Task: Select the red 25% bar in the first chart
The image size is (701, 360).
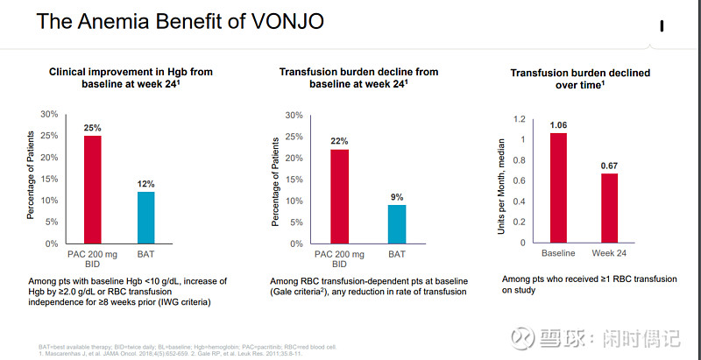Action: coord(92,189)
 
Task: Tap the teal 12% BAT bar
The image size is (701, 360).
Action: coord(145,217)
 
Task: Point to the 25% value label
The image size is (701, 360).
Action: coord(92,128)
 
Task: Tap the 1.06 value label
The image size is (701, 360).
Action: coord(558,125)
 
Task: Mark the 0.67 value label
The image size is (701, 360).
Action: coord(609,166)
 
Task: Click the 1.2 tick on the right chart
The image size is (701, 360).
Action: coord(520,119)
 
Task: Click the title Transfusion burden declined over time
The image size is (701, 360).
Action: coord(580,80)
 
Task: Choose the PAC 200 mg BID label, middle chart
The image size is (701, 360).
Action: coord(339,260)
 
